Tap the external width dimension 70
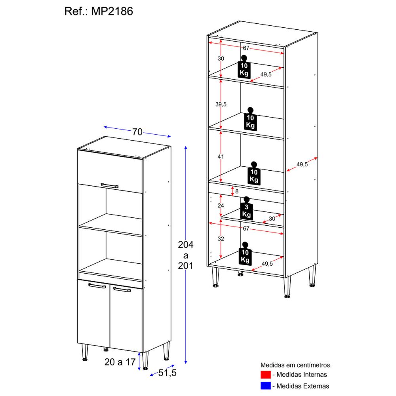(x=137, y=132)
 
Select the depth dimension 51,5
(x=168, y=373)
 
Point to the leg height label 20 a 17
(x=120, y=361)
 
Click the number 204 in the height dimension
(x=185, y=245)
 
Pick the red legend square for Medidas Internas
(x=265, y=374)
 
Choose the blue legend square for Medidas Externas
(x=265, y=385)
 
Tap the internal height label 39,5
(x=220, y=104)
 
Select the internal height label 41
(x=221, y=157)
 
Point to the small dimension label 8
(x=237, y=191)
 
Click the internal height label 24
(x=221, y=206)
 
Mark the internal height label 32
(x=221, y=239)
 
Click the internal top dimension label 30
(x=221, y=58)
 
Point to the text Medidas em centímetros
(x=295, y=364)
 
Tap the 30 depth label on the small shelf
(x=272, y=219)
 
